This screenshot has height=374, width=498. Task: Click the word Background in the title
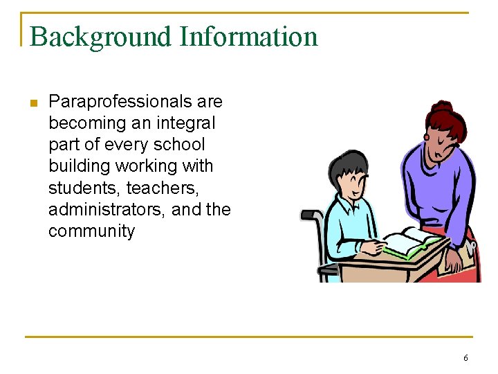pos(100,37)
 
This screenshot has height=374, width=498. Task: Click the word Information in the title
pos(248,37)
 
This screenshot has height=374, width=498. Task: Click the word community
pos(91,231)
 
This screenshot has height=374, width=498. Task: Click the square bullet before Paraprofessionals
pos(32,103)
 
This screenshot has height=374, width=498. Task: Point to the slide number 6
pos(465,358)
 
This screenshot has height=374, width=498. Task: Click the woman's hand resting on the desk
pos(454,262)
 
